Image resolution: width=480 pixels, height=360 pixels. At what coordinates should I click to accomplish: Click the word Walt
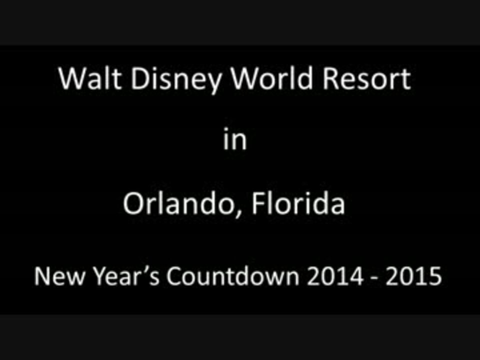click(90, 78)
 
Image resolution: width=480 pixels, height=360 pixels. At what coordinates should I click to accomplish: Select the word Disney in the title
click(176, 80)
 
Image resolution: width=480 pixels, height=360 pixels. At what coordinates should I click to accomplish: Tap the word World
click(271, 78)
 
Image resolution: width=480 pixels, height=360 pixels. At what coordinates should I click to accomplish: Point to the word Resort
click(366, 78)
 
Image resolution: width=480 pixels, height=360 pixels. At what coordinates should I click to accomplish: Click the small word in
click(235, 139)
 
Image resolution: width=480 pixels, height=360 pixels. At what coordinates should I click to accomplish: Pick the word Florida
click(298, 202)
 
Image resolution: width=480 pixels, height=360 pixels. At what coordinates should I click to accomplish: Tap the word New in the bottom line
click(59, 276)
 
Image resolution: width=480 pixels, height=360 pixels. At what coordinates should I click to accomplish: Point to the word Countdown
click(232, 276)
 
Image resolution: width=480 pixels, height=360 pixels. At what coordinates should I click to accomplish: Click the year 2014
click(335, 276)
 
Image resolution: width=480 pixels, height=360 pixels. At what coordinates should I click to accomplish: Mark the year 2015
click(413, 276)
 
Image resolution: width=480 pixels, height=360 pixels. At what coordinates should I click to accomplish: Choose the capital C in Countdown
click(174, 276)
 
